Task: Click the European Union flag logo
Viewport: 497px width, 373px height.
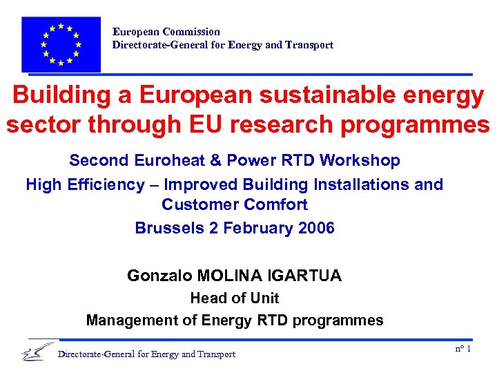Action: [61, 44]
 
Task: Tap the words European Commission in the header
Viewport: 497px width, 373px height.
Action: [166, 32]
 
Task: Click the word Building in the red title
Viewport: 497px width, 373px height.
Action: [61, 96]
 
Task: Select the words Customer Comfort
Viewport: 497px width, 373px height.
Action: [235, 204]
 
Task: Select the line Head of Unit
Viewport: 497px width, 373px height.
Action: [235, 298]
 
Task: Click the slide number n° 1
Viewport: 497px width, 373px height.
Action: [462, 349]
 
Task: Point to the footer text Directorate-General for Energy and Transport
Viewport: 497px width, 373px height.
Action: [147, 354]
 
